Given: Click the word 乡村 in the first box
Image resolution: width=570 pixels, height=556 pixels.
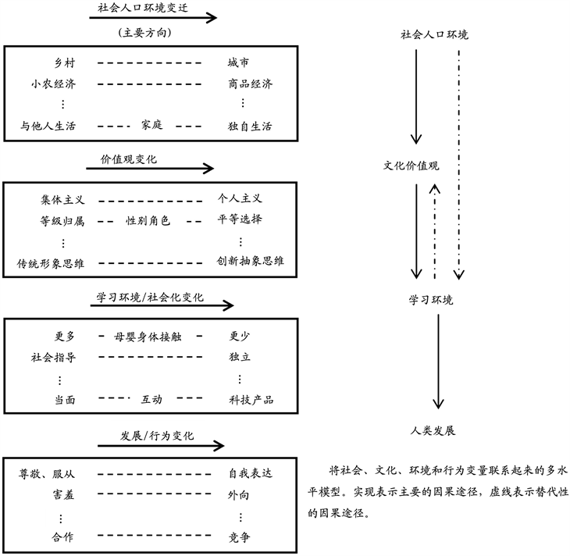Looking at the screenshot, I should pyautogui.click(x=63, y=62).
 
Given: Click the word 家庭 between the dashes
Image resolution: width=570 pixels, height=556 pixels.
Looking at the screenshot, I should pyautogui.click(x=152, y=124).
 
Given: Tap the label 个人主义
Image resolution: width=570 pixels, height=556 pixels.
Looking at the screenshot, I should pyautogui.click(x=240, y=199).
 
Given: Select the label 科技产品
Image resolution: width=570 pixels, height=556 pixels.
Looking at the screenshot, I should pyautogui.click(x=248, y=400).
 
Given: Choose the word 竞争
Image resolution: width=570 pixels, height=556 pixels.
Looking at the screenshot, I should pyautogui.click(x=239, y=536).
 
